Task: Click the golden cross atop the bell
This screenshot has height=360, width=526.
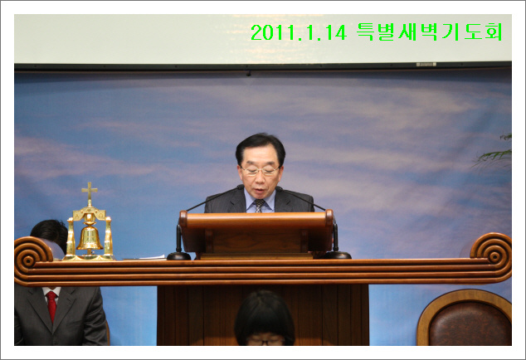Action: pyautogui.click(x=90, y=192)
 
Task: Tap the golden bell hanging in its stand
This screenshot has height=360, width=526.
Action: pyautogui.click(x=90, y=237)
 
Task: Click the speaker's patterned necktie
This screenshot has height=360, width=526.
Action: pyautogui.click(x=259, y=206)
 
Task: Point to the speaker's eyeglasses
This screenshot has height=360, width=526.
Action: pyautogui.click(x=260, y=171)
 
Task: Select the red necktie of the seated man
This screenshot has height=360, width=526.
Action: pyautogui.click(x=51, y=304)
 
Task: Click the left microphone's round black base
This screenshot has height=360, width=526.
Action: pyautogui.click(x=179, y=256)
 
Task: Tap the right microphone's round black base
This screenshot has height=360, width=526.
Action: pyautogui.click(x=337, y=255)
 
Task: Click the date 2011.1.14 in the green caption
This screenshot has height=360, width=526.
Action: pyautogui.click(x=299, y=32)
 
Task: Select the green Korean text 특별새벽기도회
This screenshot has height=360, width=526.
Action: pyautogui.click(x=430, y=32)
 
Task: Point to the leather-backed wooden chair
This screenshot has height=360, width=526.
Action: pyautogui.click(x=465, y=318)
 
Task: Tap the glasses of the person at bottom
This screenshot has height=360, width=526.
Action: pyautogui.click(x=265, y=343)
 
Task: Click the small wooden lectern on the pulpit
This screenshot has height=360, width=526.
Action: pyautogui.click(x=256, y=234)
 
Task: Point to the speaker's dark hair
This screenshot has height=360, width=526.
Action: pyautogui.click(x=261, y=147)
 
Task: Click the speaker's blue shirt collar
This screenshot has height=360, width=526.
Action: pyautogui.click(x=260, y=200)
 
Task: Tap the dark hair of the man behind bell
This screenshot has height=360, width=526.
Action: pyautogui.click(x=50, y=233)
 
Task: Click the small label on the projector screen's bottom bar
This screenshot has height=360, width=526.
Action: pyautogui.click(x=426, y=65)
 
